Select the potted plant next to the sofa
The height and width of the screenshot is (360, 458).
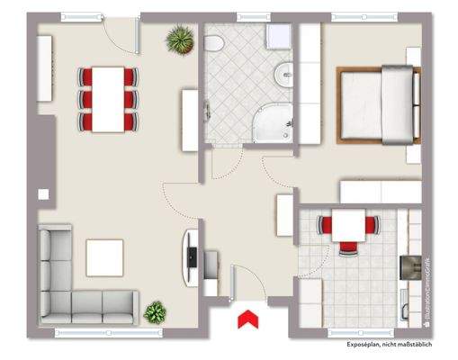coord(156,312)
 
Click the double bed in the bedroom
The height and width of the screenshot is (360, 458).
coord(379,103)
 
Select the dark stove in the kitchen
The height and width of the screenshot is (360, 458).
coord(405,267)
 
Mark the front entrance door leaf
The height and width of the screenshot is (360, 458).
coord(232,283)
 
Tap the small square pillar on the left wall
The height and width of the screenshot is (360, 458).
coord(42,193)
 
